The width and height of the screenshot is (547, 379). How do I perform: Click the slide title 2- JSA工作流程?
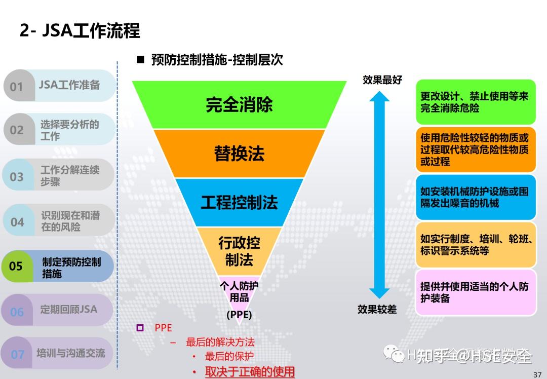(x=80, y=31)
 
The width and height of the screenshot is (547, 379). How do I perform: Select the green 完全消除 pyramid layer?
(x=239, y=104)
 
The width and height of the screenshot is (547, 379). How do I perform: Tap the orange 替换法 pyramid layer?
(x=239, y=154)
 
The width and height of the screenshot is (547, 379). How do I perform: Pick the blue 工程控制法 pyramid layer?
(x=239, y=203)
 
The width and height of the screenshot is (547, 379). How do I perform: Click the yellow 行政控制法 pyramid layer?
(x=239, y=251)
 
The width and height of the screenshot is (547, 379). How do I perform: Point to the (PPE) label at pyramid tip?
(x=239, y=315)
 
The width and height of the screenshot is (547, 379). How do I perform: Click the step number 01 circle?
(x=17, y=86)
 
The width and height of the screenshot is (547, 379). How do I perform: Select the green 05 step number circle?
(x=16, y=266)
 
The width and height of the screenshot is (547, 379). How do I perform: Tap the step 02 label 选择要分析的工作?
(x=69, y=130)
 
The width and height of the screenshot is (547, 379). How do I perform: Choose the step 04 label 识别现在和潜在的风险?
(x=70, y=221)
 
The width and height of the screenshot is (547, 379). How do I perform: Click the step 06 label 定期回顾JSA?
(x=68, y=309)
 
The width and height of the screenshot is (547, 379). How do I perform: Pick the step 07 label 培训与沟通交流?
(x=70, y=353)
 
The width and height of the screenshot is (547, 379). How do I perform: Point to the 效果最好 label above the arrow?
(x=382, y=80)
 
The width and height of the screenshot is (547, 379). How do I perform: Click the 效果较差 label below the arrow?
(x=377, y=309)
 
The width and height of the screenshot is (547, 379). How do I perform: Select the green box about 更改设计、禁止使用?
(x=476, y=102)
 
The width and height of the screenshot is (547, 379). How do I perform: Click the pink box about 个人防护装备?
(x=476, y=292)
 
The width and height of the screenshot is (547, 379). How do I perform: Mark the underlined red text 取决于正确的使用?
(x=250, y=372)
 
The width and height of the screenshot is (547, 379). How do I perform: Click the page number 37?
(x=537, y=374)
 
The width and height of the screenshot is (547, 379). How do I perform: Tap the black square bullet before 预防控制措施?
(x=140, y=60)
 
